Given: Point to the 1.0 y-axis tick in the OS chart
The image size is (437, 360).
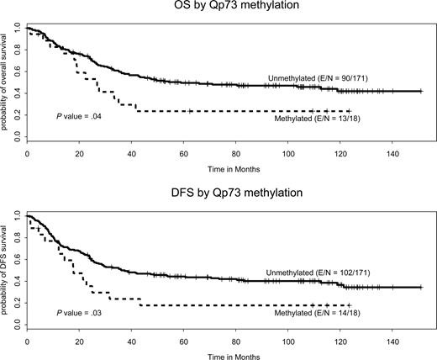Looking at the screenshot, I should click(x=18, y=29).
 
